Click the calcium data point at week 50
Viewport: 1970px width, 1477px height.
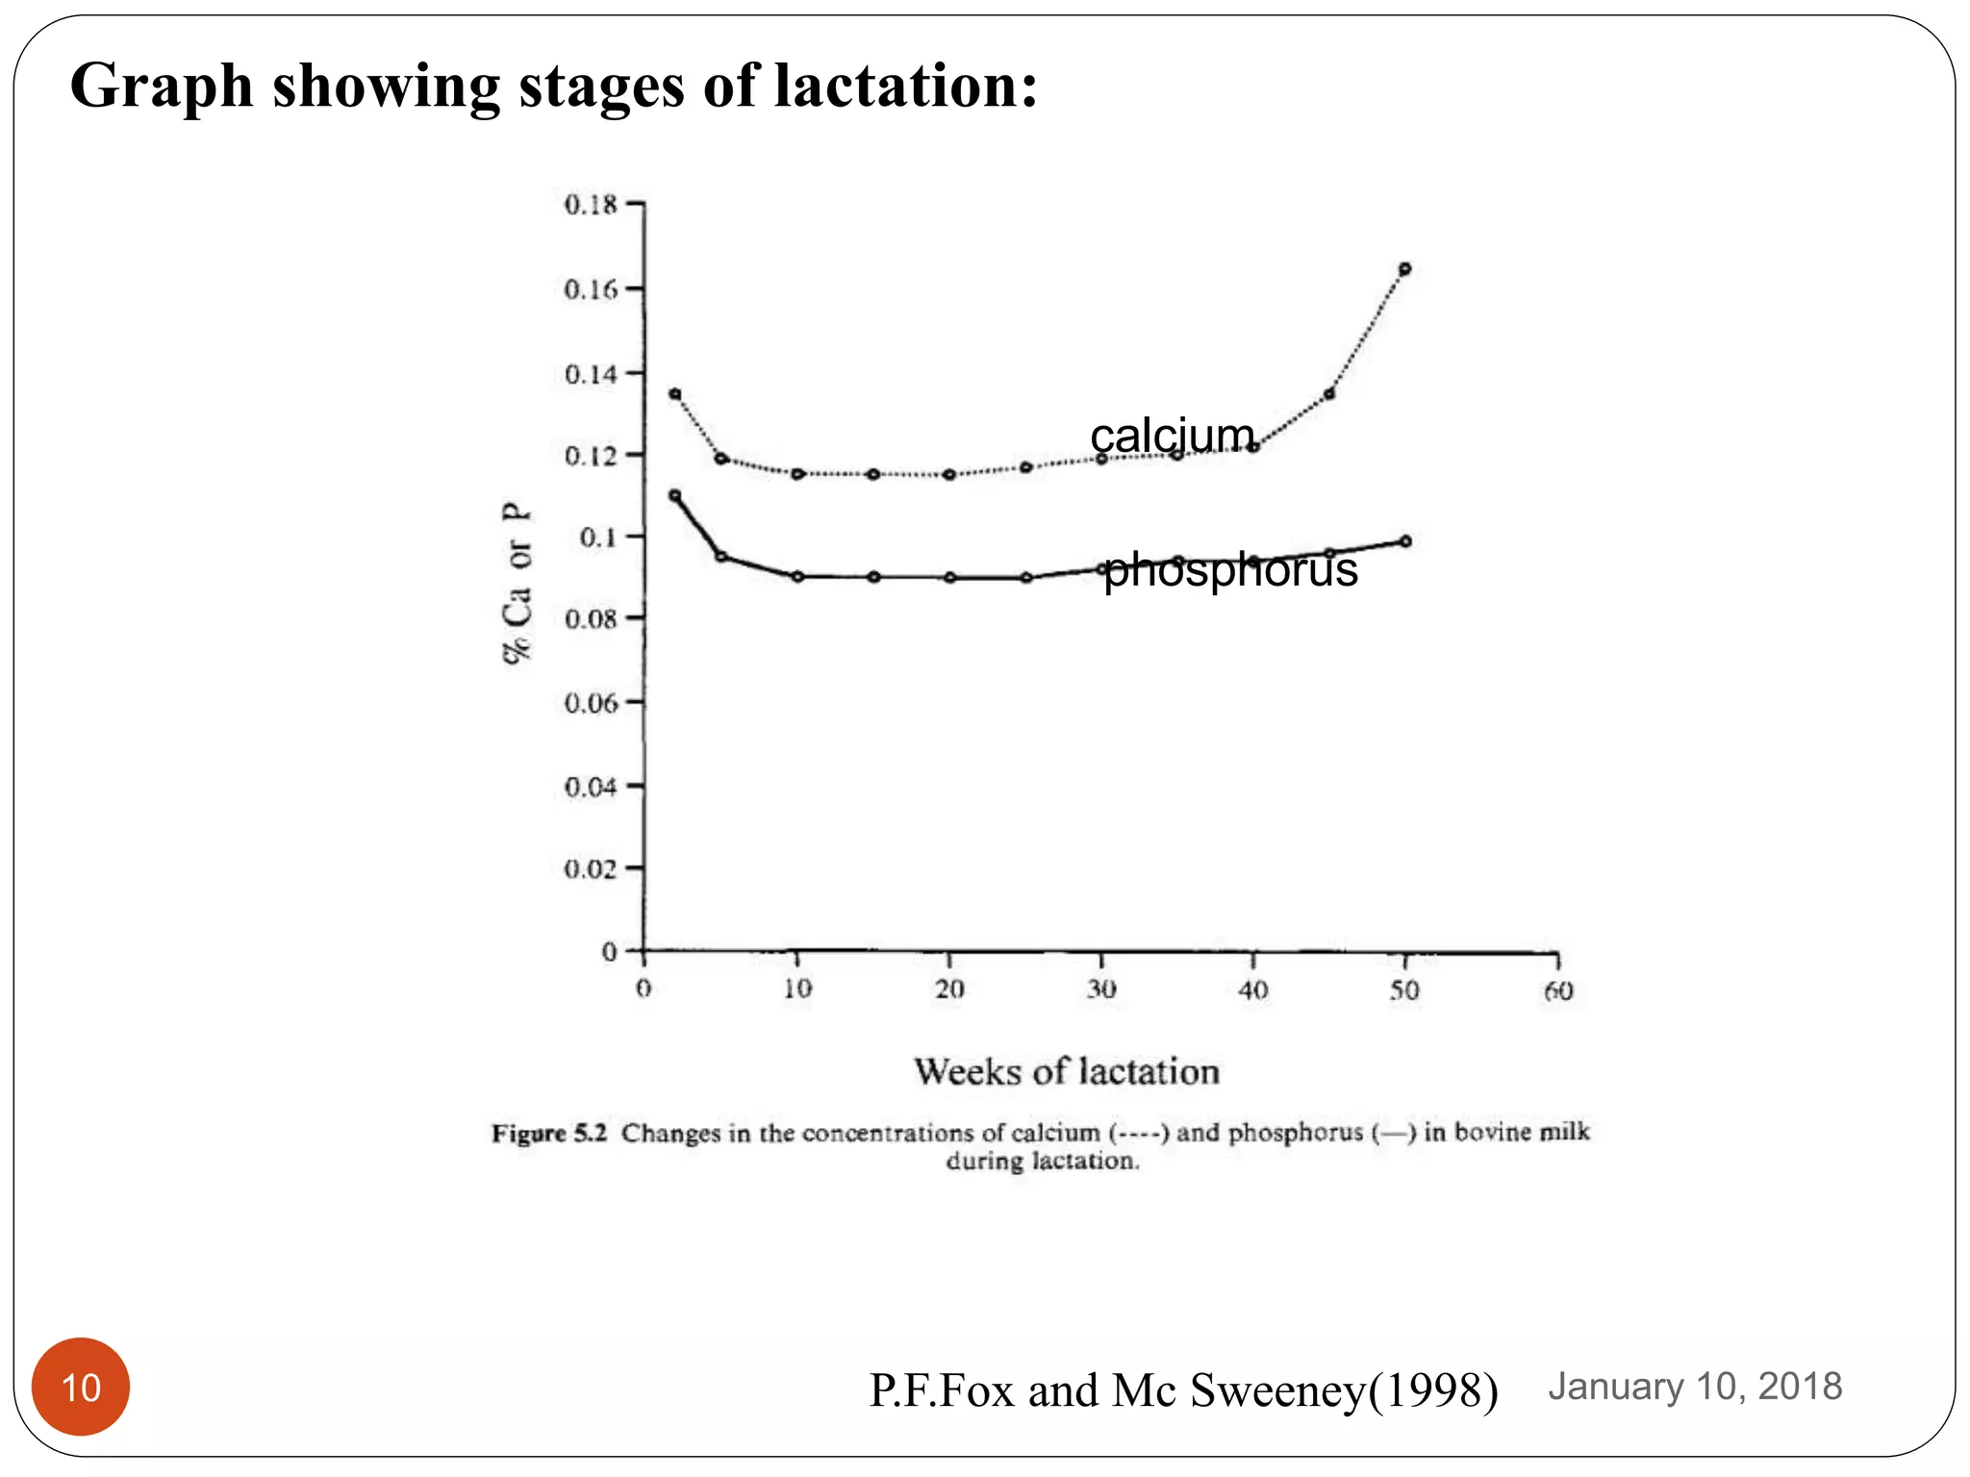[x=1404, y=269]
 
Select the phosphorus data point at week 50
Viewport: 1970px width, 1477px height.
[x=1405, y=541]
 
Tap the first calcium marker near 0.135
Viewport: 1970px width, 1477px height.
[x=675, y=394]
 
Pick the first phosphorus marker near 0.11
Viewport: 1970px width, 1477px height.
[x=675, y=496]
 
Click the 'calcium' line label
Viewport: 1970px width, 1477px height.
[x=1173, y=436]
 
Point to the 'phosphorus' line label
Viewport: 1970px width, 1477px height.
[x=1230, y=569]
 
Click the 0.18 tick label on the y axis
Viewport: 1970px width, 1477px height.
[x=591, y=205]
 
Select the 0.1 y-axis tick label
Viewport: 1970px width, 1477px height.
[x=598, y=537]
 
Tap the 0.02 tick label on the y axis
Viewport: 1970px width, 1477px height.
[x=591, y=869]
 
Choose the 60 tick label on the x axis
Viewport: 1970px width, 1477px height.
[x=1558, y=990]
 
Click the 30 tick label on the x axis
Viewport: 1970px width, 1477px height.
[x=1101, y=989]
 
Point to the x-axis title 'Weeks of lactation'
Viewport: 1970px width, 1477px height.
[x=1067, y=1071]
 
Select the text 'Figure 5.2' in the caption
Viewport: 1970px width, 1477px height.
[x=549, y=1133]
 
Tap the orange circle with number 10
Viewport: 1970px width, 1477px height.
[x=81, y=1387]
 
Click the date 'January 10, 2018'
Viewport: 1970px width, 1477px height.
[x=1695, y=1387]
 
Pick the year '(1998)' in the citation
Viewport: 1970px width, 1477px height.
[x=1433, y=1390]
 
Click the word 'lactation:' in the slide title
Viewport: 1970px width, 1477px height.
[x=906, y=87]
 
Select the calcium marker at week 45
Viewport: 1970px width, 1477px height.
[x=1329, y=394]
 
